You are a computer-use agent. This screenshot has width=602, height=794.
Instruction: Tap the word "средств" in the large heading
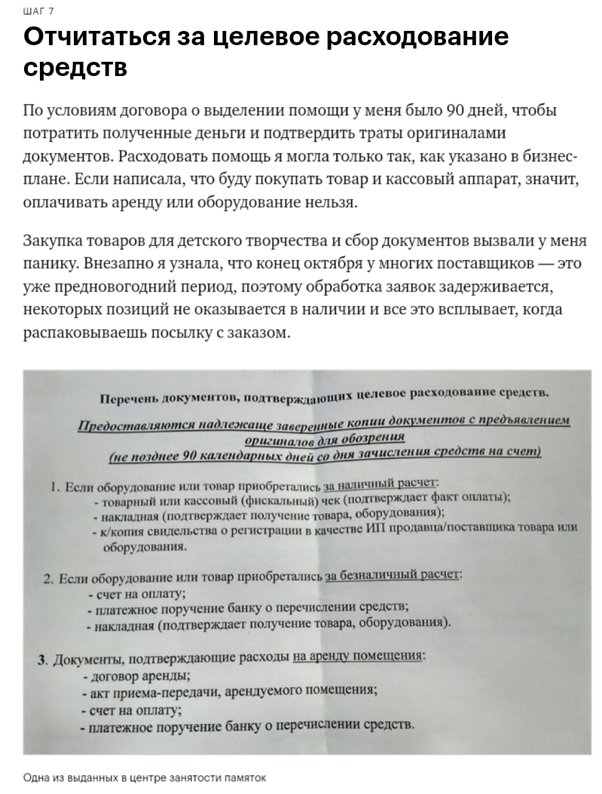(75, 68)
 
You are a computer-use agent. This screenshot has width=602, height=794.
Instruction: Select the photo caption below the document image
(145, 777)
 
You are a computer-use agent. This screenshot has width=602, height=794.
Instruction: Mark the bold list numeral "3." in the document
(43, 661)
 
